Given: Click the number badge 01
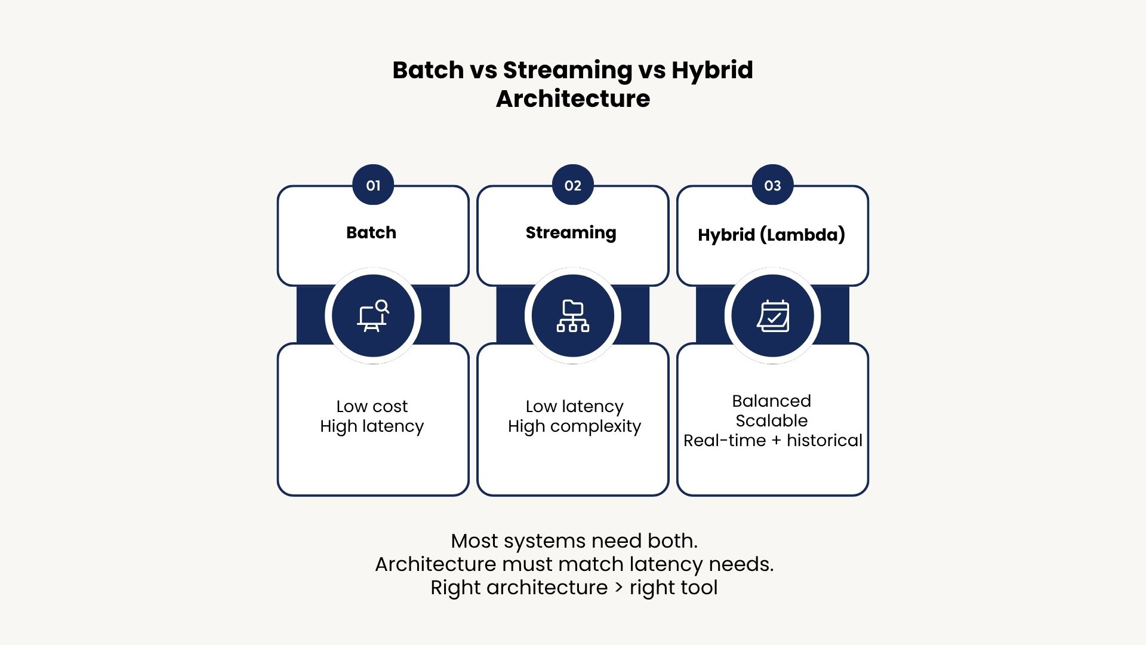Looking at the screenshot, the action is coord(373,185).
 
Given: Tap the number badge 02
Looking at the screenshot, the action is coord(573,185).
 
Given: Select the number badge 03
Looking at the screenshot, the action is coord(773,185).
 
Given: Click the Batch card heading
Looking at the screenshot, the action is coord(371,232).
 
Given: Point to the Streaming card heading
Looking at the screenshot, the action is coord(571,233).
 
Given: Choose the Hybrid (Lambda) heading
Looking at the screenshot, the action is coord(772,235).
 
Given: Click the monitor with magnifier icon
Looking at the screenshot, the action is coord(373,315).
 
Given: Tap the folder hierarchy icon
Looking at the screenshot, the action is coord(573,315).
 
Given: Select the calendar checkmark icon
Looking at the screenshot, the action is coord(773,315).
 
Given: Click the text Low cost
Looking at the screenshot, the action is coord(372,406).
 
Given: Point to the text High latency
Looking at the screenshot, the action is coord(372,426).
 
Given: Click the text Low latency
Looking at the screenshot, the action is coord(575,406).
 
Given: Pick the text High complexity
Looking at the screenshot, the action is coord(575,426).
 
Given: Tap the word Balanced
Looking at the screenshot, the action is coord(772,401).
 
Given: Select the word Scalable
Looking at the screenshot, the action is coord(772,420).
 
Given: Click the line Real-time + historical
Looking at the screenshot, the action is coord(773,441).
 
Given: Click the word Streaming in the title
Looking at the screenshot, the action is coord(567,70).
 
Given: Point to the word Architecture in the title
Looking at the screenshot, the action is coord(573,99).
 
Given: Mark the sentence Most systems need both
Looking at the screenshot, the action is coord(574,540).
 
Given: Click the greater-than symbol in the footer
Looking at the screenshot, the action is coord(618,588).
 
